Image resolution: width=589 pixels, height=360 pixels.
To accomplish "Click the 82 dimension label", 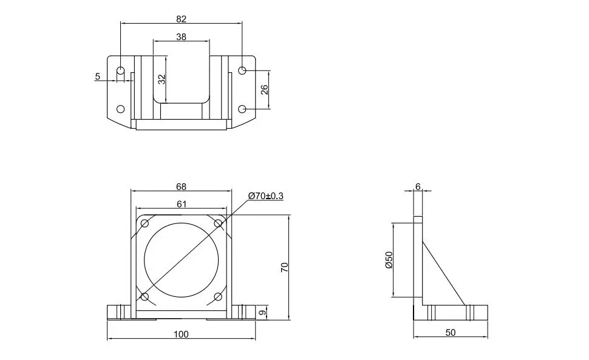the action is (181, 19).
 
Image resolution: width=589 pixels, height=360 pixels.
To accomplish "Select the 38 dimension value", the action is (181, 37).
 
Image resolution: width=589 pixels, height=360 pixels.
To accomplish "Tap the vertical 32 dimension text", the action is (162, 79).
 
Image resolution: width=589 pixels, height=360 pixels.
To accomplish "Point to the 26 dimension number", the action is (265, 89).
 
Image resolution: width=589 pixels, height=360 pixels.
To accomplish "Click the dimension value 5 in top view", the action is (98, 76).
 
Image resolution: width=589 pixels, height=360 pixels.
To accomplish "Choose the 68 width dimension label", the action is (181, 186).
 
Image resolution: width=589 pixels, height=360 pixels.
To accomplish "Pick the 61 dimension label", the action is (182, 204).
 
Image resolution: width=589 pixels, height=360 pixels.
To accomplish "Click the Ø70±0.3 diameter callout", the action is (266, 196).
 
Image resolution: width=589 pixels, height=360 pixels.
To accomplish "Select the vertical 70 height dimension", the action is (284, 267).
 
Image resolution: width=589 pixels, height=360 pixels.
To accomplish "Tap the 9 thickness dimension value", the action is (263, 312).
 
